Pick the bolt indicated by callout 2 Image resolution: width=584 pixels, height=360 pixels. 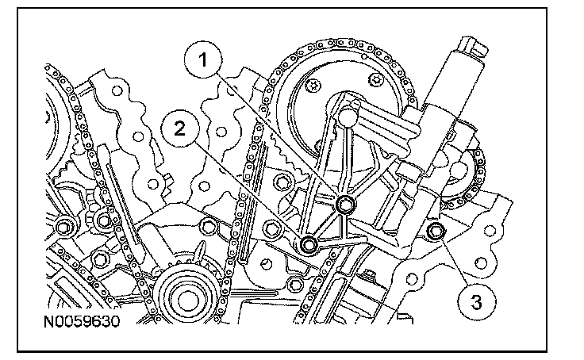click(x=309, y=243)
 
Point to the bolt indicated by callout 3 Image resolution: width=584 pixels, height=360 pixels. click(x=436, y=232)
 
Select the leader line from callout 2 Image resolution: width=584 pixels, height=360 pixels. click(x=246, y=188)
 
